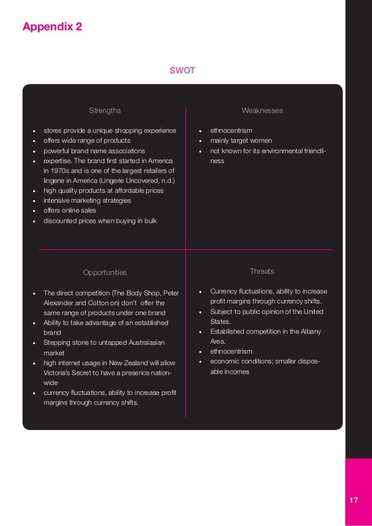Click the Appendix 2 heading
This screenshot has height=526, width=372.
(52, 27)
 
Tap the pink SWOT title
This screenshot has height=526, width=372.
(182, 70)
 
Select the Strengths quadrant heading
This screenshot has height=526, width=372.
(105, 111)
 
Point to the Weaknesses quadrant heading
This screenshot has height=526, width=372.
(262, 111)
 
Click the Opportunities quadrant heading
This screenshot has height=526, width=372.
(105, 272)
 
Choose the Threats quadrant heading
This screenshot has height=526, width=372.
(262, 271)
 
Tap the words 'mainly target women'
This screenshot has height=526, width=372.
(241, 141)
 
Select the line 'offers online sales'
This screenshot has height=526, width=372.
(73, 210)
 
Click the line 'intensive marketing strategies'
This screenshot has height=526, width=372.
(87, 200)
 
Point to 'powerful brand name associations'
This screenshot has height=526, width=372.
(94, 151)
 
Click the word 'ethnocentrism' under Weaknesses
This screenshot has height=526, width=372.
(231, 130)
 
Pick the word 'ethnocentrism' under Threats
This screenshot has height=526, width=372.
(231, 351)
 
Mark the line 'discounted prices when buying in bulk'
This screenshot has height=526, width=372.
(100, 221)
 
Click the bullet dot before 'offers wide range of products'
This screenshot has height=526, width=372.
(36, 141)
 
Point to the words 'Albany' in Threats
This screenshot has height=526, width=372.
(310, 331)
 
